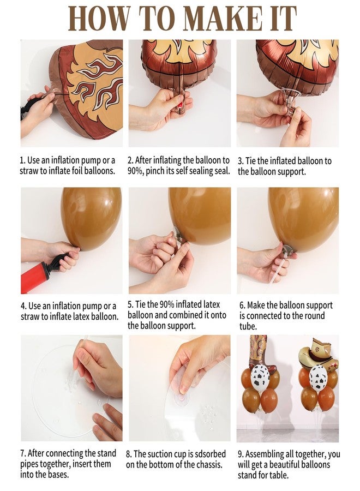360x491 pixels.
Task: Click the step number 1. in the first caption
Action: click(23, 160)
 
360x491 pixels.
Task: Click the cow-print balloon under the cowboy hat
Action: click(317, 376)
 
